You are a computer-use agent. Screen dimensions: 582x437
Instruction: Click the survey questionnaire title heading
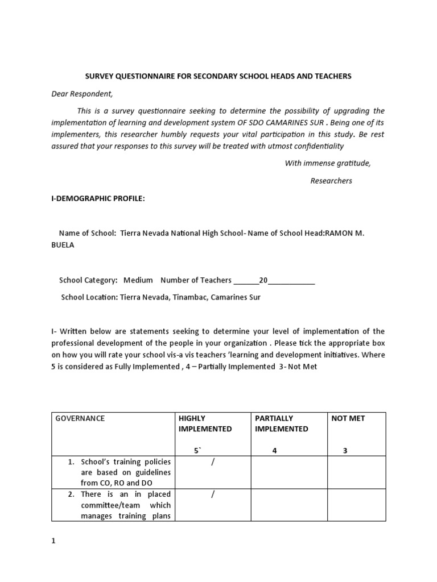tap(218, 76)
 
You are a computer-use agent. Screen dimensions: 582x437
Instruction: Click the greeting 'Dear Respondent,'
tap(83, 93)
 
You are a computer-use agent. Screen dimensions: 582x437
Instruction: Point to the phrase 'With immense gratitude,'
tap(327, 163)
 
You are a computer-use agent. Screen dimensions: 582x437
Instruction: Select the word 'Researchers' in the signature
tap(331, 181)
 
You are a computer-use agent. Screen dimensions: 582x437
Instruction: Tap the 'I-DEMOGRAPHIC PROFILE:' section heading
tap(98, 198)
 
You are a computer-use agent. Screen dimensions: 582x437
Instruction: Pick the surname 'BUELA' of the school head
tap(63, 245)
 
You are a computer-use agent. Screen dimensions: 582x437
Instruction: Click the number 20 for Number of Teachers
tap(263, 280)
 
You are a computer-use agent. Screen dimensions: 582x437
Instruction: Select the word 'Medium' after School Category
tap(138, 280)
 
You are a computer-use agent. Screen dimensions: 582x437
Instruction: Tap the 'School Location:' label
tap(89, 297)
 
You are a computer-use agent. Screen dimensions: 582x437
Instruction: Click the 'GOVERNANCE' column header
tap(80, 418)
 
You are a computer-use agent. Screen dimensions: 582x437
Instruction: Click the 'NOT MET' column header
tap(348, 418)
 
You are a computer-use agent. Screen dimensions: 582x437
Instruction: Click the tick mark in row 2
tap(213, 494)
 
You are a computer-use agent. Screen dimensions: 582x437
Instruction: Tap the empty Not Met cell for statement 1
tap(356, 472)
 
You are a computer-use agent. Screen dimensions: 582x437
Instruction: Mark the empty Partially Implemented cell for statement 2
tap(288, 505)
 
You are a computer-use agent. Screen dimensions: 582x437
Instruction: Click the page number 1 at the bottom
tap(53, 541)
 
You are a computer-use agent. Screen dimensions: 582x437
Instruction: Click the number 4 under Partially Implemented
tap(274, 451)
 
